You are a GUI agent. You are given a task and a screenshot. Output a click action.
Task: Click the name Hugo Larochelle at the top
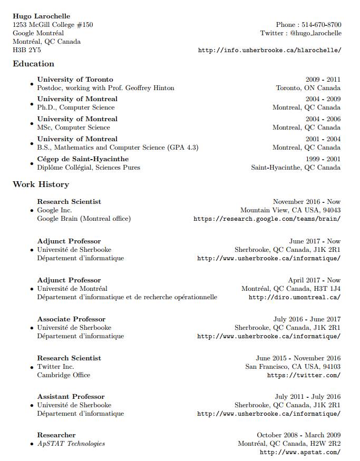(41, 16)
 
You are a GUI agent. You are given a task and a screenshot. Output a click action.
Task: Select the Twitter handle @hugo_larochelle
(315, 33)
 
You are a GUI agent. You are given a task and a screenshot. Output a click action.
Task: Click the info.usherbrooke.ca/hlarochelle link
(269, 51)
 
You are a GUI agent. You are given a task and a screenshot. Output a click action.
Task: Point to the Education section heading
(33, 64)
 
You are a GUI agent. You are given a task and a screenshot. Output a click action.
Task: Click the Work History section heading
(41, 184)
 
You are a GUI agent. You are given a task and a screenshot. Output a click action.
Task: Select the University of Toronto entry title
(75, 80)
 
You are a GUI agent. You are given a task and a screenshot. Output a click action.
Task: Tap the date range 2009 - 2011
(323, 80)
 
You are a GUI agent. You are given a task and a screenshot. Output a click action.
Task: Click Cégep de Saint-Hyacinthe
(83, 159)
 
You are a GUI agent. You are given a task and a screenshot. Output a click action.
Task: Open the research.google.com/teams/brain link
(267, 219)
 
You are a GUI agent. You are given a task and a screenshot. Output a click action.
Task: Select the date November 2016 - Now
(307, 202)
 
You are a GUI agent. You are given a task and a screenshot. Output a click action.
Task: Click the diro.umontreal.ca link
(294, 297)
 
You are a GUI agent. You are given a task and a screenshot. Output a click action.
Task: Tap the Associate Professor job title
(71, 319)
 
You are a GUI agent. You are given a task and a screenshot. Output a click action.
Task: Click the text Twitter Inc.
(55, 367)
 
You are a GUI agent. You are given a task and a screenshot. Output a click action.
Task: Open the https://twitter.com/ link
(304, 376)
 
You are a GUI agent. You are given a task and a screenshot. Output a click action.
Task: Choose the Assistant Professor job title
(71, 397)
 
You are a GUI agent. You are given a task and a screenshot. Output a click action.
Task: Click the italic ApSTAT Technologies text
(71, 444)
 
